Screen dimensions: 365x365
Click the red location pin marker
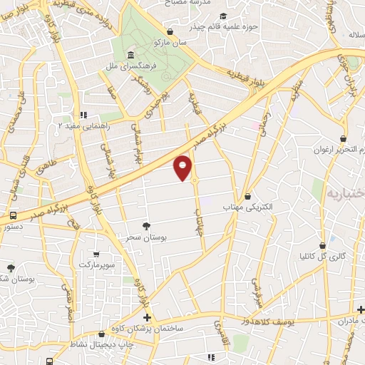click(183, 168)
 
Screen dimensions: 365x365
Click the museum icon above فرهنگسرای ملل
click(130, 56)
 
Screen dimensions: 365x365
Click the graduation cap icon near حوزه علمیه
click(224, 16)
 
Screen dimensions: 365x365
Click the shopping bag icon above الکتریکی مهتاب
click(247, 196)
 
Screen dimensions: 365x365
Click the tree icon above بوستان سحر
click(146, 226)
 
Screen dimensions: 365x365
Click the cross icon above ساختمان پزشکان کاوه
click(147, 317)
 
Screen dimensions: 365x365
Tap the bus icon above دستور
click(13, 215)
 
